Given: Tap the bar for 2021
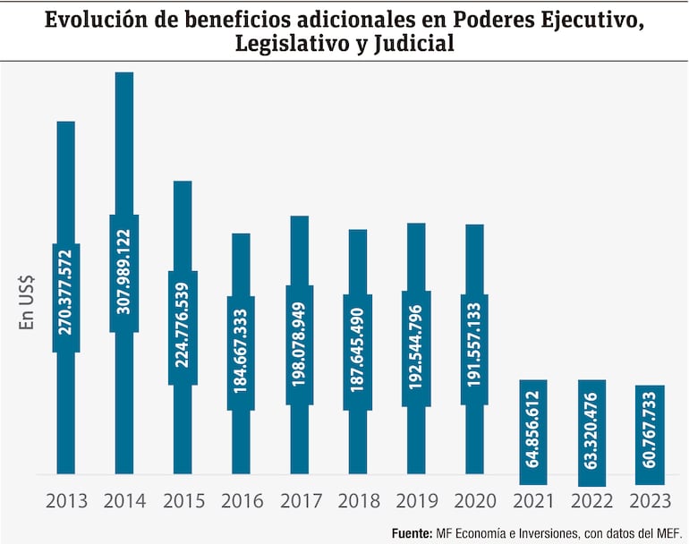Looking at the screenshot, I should pos(533,427).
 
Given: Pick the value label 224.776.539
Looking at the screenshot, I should pos(183,328).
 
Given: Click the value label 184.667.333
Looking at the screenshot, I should pos(241,353).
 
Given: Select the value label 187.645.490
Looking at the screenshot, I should pos(358,352).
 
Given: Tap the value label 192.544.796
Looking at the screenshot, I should pos(416,348).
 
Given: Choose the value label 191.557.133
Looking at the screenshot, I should pos(474,348).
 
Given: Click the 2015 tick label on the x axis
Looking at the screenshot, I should pos(183,501).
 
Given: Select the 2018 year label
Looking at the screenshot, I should pos(358,501).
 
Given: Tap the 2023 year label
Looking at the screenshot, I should pos(650,501).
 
